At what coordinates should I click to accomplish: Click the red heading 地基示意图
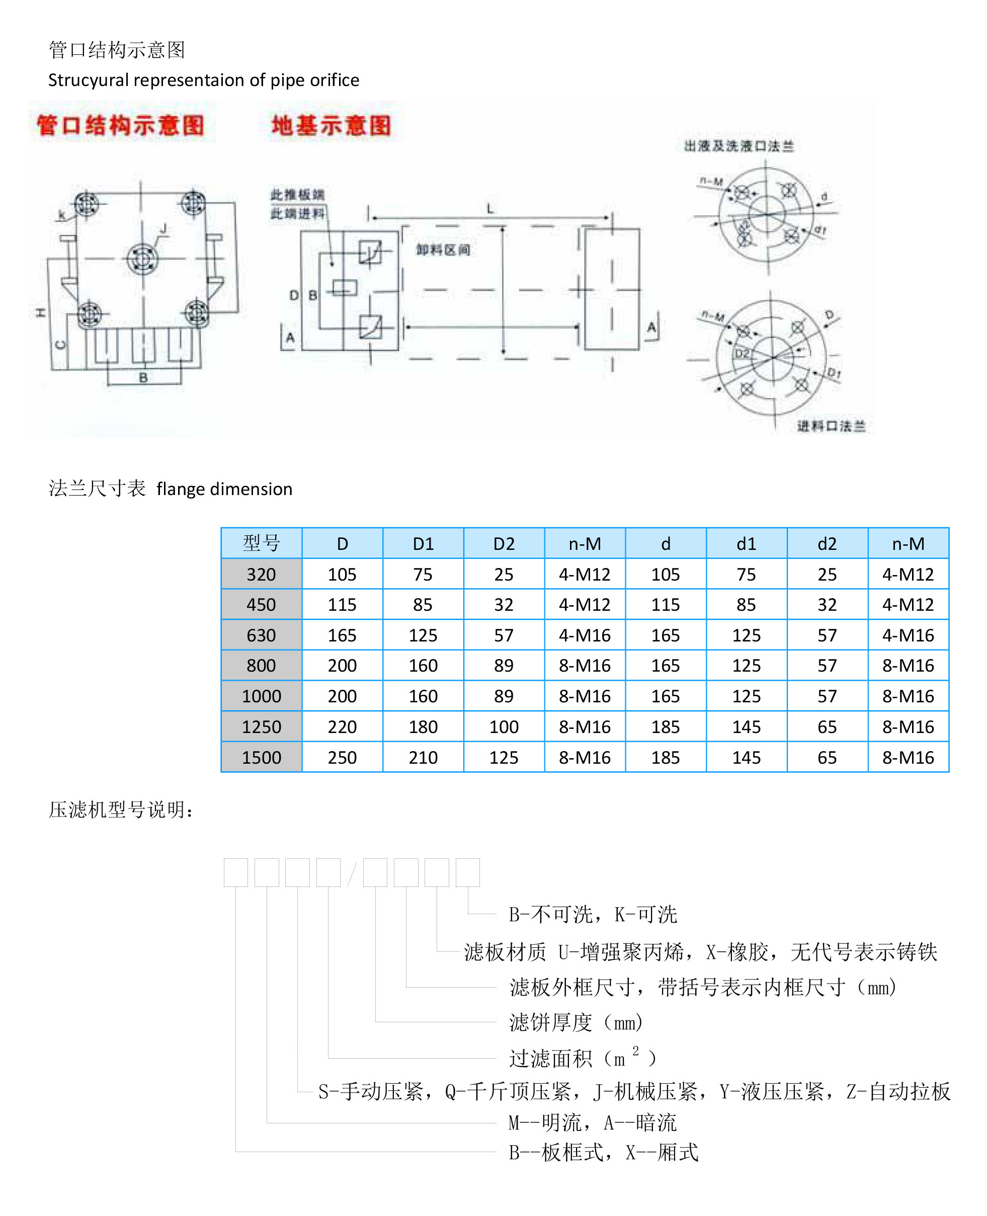pyautogui.click(x=331, y=125)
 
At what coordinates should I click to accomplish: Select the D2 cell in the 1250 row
pyautogui.click(x=504, y=726)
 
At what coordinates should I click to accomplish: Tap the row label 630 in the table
pyautogui.click(x=261, y=635)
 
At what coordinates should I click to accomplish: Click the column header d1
pyautogui.click(x=746, y=544)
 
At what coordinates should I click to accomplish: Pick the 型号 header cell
pyautogui.click(x=261, y=543)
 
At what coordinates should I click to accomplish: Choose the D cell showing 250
pyautogui.click(x=342, y=757)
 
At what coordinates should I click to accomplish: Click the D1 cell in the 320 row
pyautogui.click(x=423, y=574)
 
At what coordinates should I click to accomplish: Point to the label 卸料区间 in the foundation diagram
pyautogui.click(x=442, y=250)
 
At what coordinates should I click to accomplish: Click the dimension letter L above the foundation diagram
pyautogui.click(x=490, y=209)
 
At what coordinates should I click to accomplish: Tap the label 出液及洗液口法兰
pyautogui.click(x=738, y=146)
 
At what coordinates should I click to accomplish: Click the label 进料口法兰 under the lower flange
pyautogui.click(x=830, y=426)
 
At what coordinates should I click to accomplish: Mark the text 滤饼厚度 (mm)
pyautogui.click(x=575, y=1023)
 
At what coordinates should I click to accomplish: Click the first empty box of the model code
pyautogui.click(x=235, y=872)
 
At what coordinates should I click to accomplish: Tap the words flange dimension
pyautogui.click(x=224, y=489)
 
